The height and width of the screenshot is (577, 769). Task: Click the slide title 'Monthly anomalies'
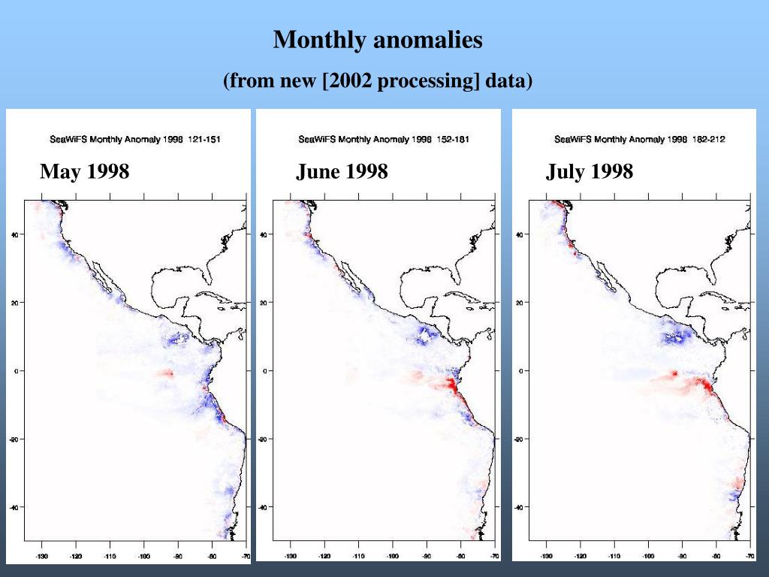pos(378,40)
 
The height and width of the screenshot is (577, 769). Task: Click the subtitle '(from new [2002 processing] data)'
pos(378,80)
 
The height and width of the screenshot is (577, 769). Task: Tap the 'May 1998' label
pos(85,172)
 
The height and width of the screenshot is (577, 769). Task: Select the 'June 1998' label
pos(342,172)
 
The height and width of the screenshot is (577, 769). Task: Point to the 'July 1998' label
pos(590,172)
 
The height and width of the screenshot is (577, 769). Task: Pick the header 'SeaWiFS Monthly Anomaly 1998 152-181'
pos(384,139)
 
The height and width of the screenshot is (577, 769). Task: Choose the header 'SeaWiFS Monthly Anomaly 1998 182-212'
pos(640,139)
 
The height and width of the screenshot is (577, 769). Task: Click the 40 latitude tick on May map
pos(14,234)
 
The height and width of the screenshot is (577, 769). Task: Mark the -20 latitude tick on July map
pos(520,439)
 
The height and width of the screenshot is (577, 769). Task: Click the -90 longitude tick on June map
pos(427,557)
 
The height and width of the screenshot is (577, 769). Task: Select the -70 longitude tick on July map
pos(749,557)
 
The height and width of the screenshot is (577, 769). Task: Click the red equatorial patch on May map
pos(167,373)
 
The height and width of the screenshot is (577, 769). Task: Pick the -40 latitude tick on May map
pos(14,507)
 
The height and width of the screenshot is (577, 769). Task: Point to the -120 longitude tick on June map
pos(324,557)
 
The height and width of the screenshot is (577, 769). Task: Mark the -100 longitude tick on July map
pos(648,557)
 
